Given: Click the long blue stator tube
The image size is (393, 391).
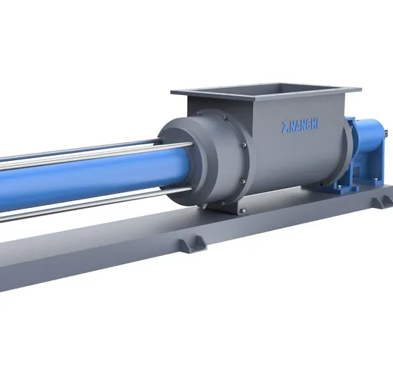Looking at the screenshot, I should pos(86,176).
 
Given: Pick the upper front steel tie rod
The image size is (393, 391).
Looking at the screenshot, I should pos(93,152).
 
